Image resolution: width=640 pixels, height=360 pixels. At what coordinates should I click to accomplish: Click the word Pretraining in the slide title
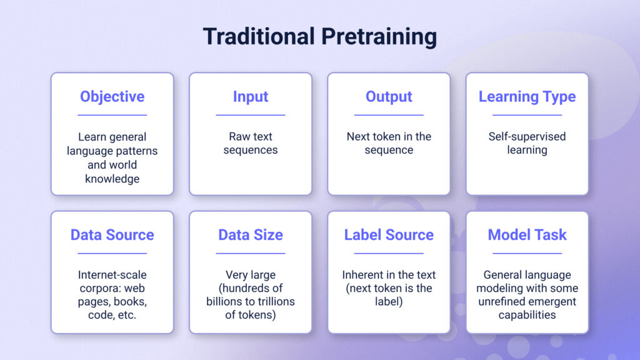(x=379, y=37)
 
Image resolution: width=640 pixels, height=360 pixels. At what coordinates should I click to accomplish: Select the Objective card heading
(x=112, y=97)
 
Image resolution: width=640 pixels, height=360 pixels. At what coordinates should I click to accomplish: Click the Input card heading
(x=251, y=97)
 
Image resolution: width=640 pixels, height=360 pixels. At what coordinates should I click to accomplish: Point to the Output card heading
(x=389, y=97)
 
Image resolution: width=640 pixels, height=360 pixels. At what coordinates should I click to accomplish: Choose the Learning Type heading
(x=527, y=97)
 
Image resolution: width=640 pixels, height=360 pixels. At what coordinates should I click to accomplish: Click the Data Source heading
(x=112, y=235)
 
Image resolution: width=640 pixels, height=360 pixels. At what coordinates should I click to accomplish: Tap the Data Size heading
(x=251, y=235)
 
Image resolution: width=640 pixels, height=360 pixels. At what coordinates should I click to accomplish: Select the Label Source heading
(x=389, y=235)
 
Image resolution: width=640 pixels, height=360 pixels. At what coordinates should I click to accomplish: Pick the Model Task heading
(x=527, y=235)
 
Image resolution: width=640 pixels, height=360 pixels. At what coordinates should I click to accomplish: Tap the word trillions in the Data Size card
(x=274, y=302)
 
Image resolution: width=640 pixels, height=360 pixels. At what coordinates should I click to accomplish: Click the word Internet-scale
(x=112, y=275)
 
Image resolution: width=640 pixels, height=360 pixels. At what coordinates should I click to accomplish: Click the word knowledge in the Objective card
(x=112, y=179)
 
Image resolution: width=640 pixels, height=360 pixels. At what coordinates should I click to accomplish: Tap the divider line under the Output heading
(x=389, y=115)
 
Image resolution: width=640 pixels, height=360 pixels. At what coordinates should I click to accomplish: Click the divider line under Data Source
(x=112, y=253)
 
